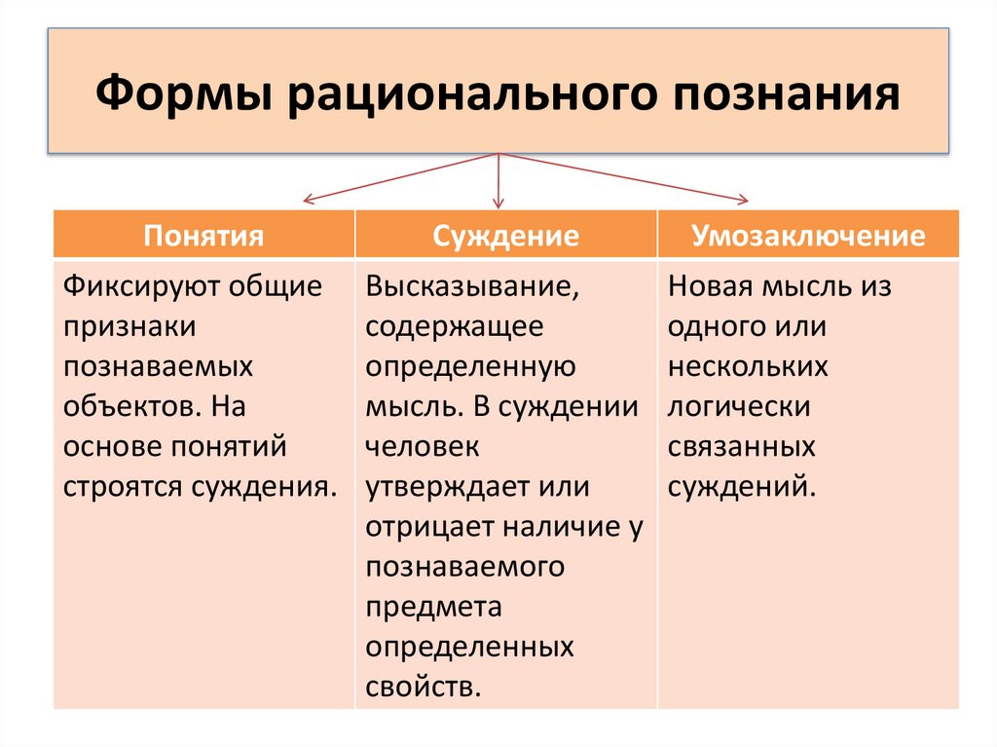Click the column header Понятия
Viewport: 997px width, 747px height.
[204, 236]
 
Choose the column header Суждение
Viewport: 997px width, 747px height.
[506, 236]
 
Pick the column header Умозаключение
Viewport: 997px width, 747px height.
[808, 236]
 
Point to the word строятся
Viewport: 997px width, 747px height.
[110, 485]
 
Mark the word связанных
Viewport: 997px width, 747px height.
[741, 445]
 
